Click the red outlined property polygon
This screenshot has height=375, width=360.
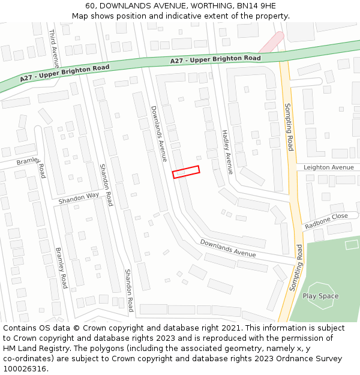point(186,172)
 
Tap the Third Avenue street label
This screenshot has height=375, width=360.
point(54,48)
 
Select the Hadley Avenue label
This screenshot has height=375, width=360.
point(226,152)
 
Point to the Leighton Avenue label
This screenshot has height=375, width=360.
point(329,167)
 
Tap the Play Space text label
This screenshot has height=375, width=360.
point(320,296)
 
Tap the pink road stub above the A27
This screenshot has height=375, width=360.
point(271,42)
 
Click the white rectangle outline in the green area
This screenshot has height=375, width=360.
point(352,244)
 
